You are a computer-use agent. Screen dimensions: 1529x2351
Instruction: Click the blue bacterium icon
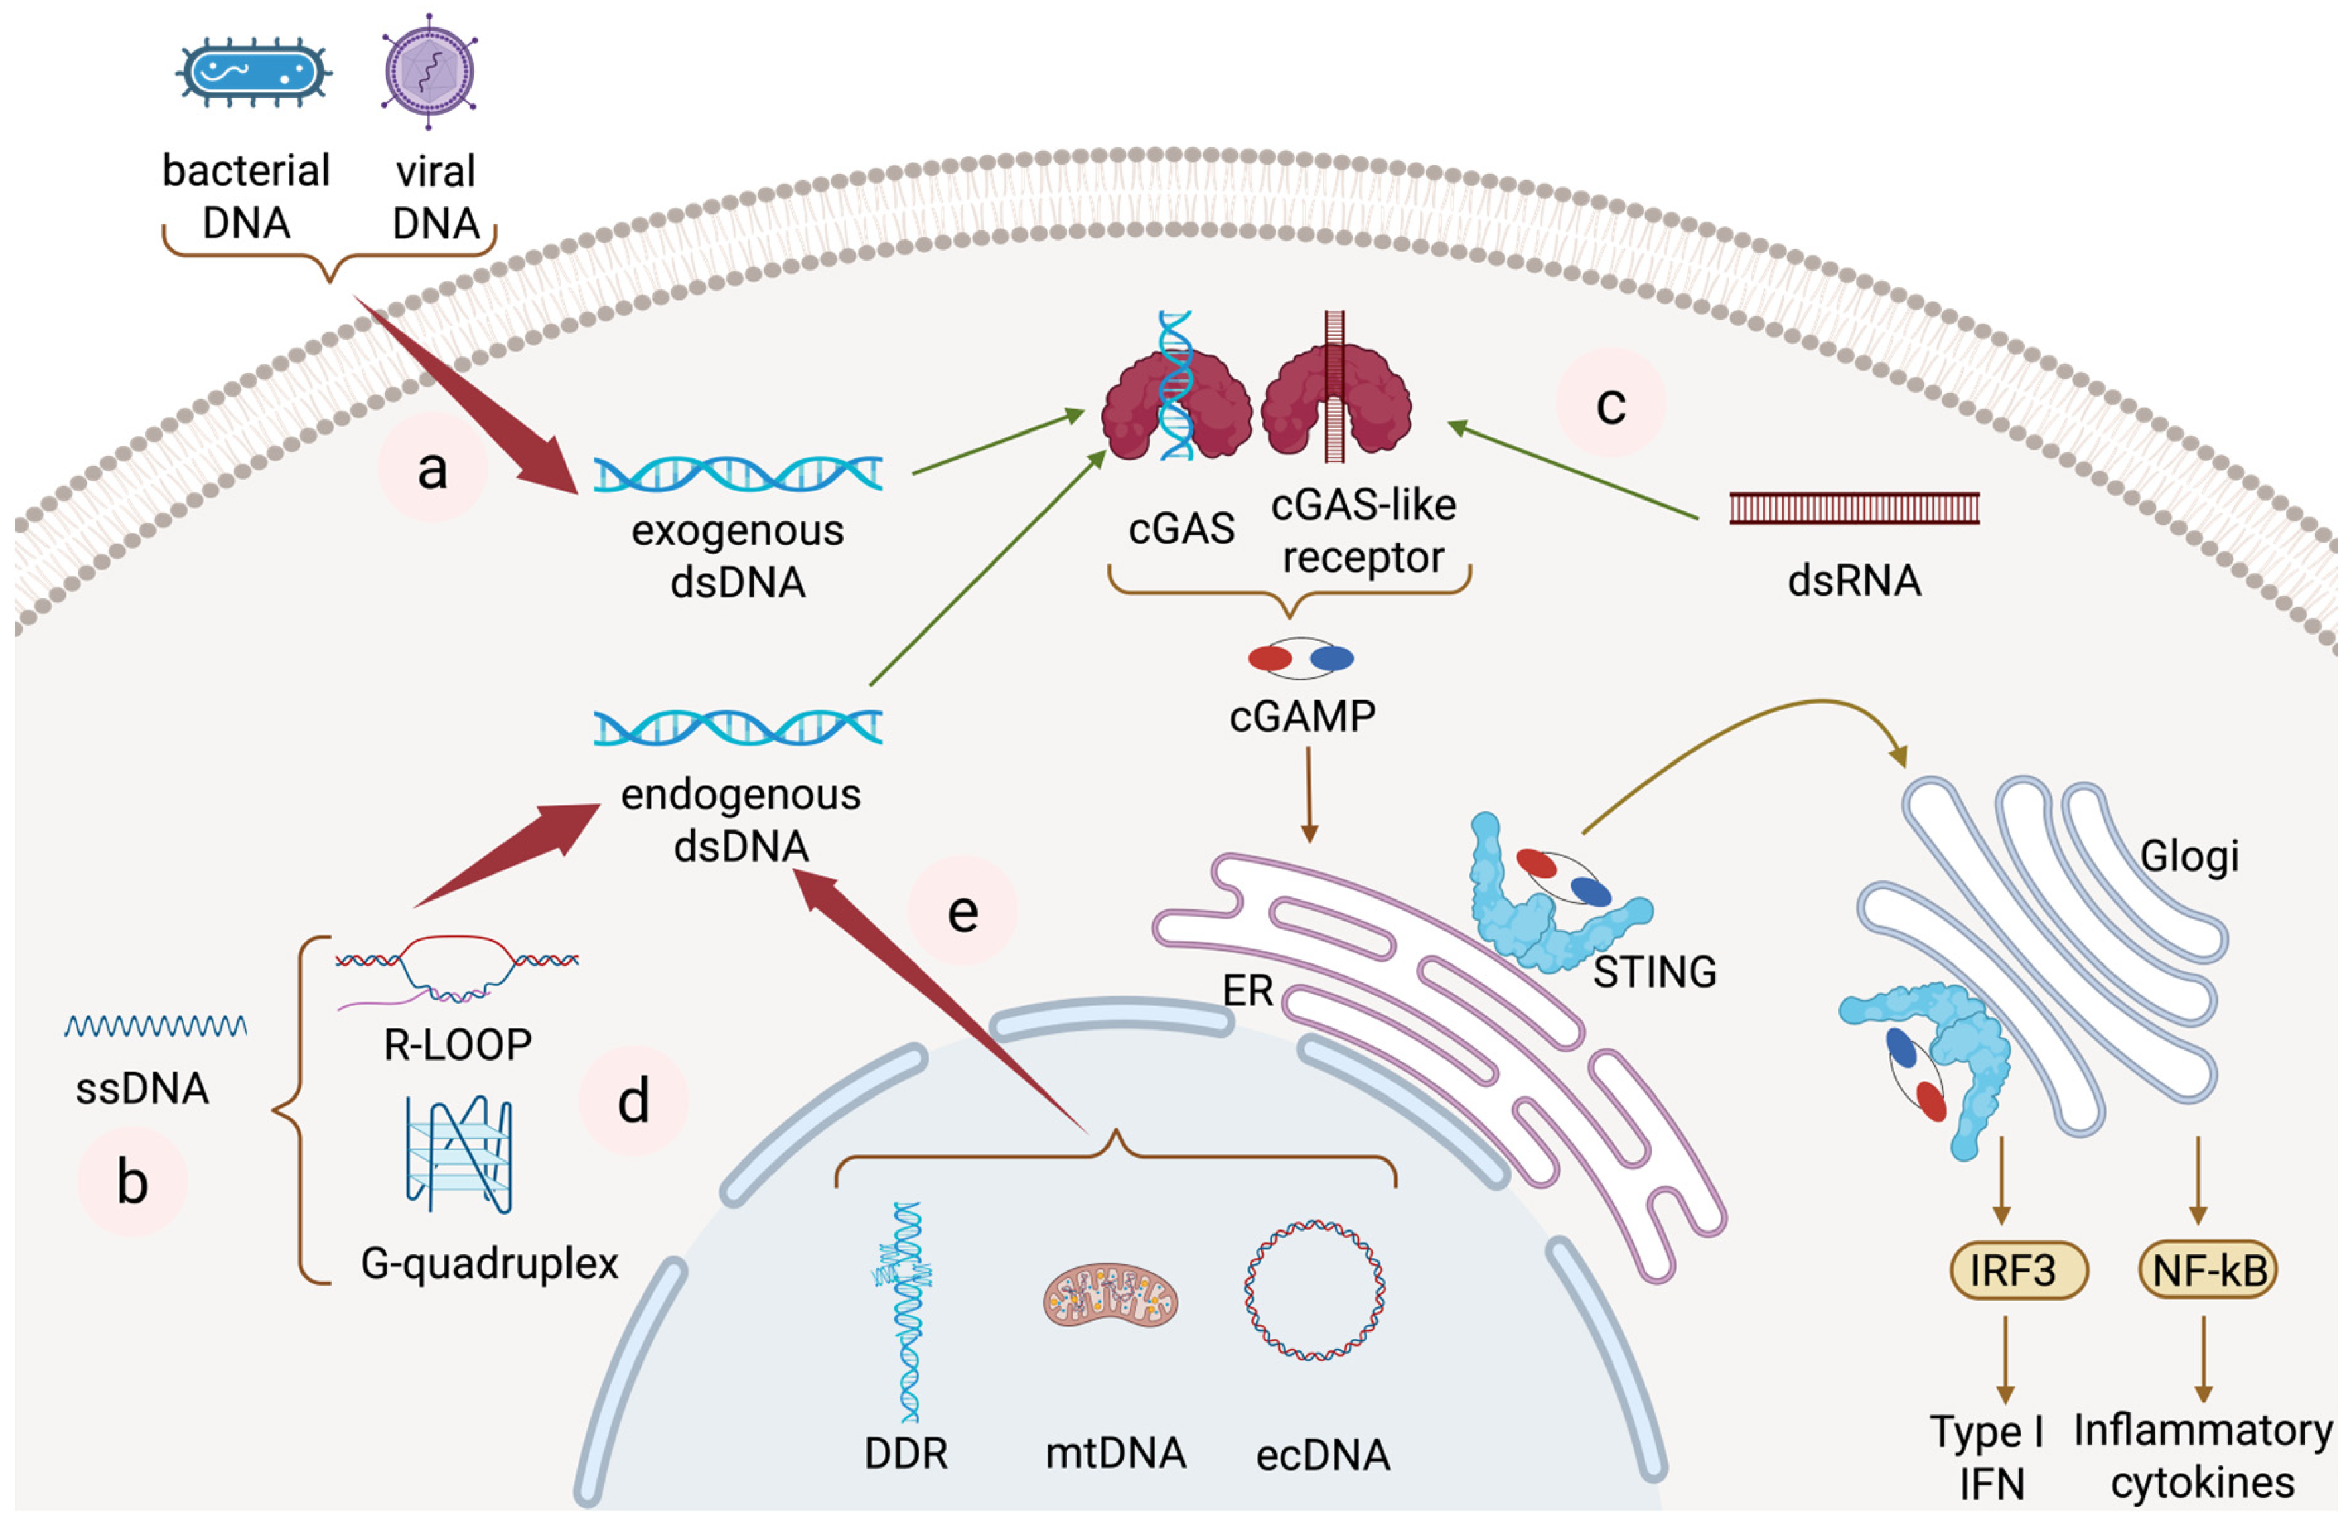pos(253,71)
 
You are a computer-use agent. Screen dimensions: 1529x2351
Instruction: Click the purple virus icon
pos(429,71)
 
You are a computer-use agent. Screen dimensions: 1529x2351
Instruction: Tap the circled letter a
pos(431,468)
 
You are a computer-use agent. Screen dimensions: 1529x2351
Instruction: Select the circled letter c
pos(1610,403)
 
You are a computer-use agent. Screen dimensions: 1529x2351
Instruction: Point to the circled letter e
pos(962,911)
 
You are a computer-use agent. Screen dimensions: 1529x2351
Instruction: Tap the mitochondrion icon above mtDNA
pos(1110,1300)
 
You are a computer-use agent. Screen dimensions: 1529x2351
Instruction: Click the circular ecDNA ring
pos(1314,1290)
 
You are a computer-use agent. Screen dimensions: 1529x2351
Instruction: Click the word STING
pos(1655,973)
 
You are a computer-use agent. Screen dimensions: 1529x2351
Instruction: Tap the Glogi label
pos(2189,856)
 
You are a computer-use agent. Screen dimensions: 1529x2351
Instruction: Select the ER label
pos(1248,991)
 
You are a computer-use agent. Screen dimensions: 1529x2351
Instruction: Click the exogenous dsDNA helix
pos(737,474)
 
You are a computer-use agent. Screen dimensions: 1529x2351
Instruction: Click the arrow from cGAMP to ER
pos(1309,795)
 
